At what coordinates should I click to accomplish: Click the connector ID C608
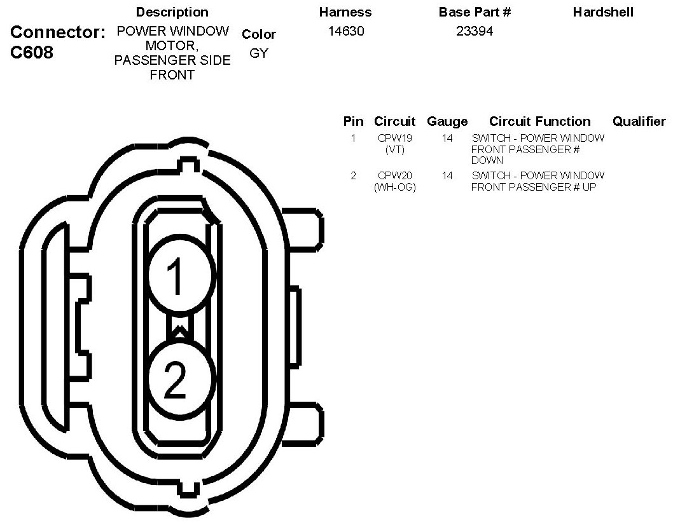click(x=32, y=52)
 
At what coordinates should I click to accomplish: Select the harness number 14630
click(x=346, y=31)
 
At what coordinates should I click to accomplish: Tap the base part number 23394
click(x=475, y=31)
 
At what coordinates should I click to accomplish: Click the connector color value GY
click(x=259, y=53)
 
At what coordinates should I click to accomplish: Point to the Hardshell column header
click(x=603, y=12)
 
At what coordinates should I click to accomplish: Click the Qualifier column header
click(x=639, y=121)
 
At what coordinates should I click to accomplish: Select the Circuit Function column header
click(x=539, y=121)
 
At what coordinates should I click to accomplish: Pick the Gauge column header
click(x=447, y=122)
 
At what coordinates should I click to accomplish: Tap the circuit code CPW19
click(x=395, y=138)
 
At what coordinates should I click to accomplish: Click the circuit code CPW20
click(x=395, y=175)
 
